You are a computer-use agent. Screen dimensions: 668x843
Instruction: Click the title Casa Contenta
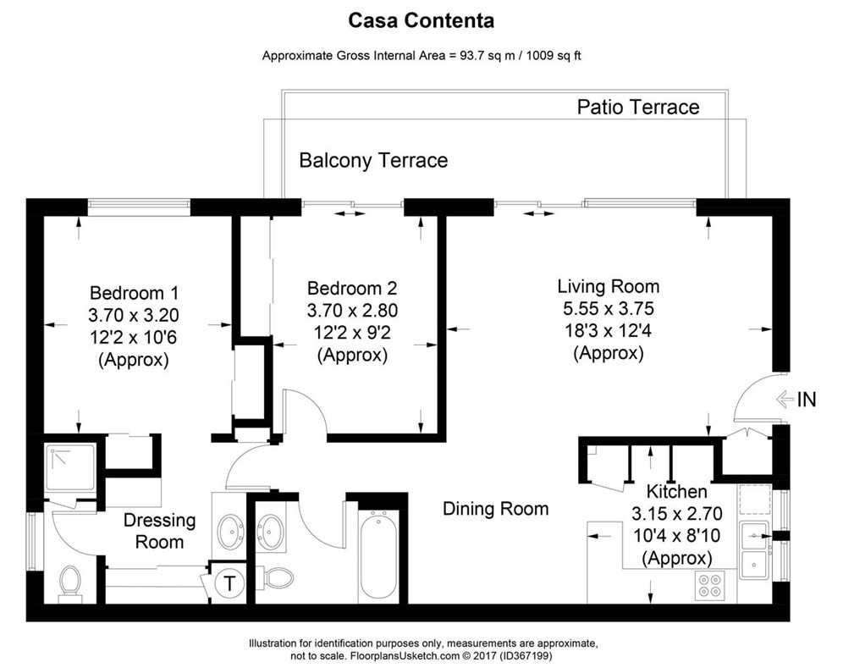coord(421,19)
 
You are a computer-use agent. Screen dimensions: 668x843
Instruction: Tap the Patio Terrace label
coord(637,107)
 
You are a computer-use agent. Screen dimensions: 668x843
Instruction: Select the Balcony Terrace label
coord(373,160)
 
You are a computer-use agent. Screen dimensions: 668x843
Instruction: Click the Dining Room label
coord(496,509)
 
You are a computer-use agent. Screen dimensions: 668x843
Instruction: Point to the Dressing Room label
coord(159,531)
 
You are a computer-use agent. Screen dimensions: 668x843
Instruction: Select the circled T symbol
coord(229,582)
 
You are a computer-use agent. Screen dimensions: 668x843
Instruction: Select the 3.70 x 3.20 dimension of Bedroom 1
coord(134,315)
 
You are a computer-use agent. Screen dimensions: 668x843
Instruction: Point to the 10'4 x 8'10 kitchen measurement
coord(675,536)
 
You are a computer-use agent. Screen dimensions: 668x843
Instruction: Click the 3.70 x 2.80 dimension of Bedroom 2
coord(352,310)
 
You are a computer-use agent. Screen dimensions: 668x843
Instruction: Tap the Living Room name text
coord(608,286)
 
